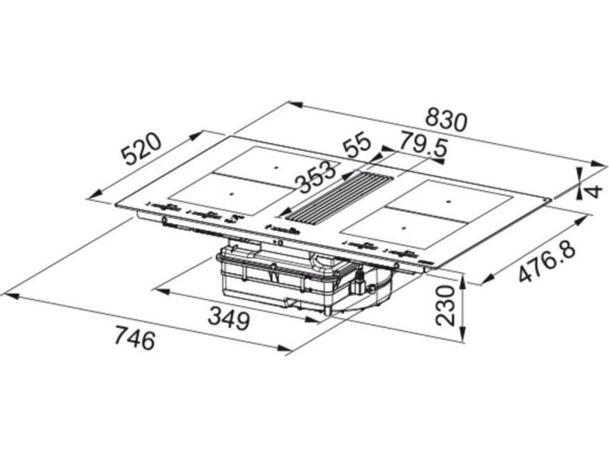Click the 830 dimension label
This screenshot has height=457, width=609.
(445, 119)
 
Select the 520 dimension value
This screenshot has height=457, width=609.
(141, 149)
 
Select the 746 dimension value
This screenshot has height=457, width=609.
(135, 337)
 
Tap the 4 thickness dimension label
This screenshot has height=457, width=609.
(593, 191)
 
